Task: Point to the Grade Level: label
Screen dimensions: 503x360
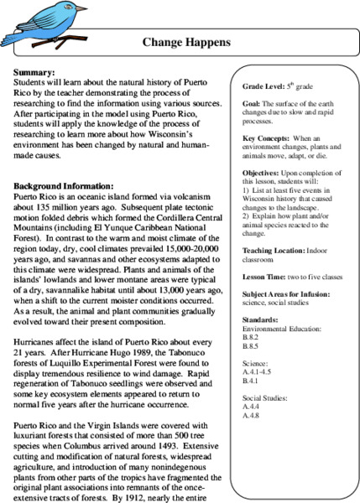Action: [262, 86]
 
